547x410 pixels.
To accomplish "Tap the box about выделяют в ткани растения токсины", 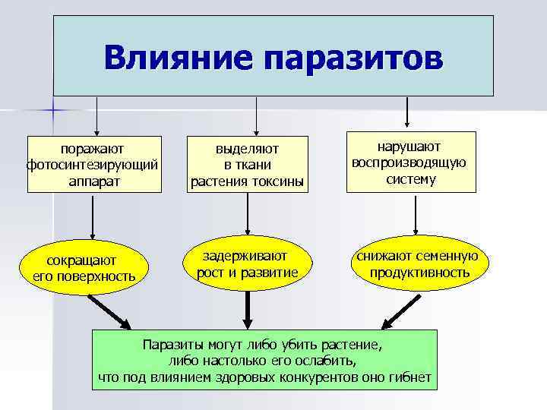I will [247, 162].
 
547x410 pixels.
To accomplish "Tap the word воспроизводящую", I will [410, 162].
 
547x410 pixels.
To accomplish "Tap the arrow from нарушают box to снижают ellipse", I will [414, 216].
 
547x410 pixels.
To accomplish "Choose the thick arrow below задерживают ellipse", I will [248, 308].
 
